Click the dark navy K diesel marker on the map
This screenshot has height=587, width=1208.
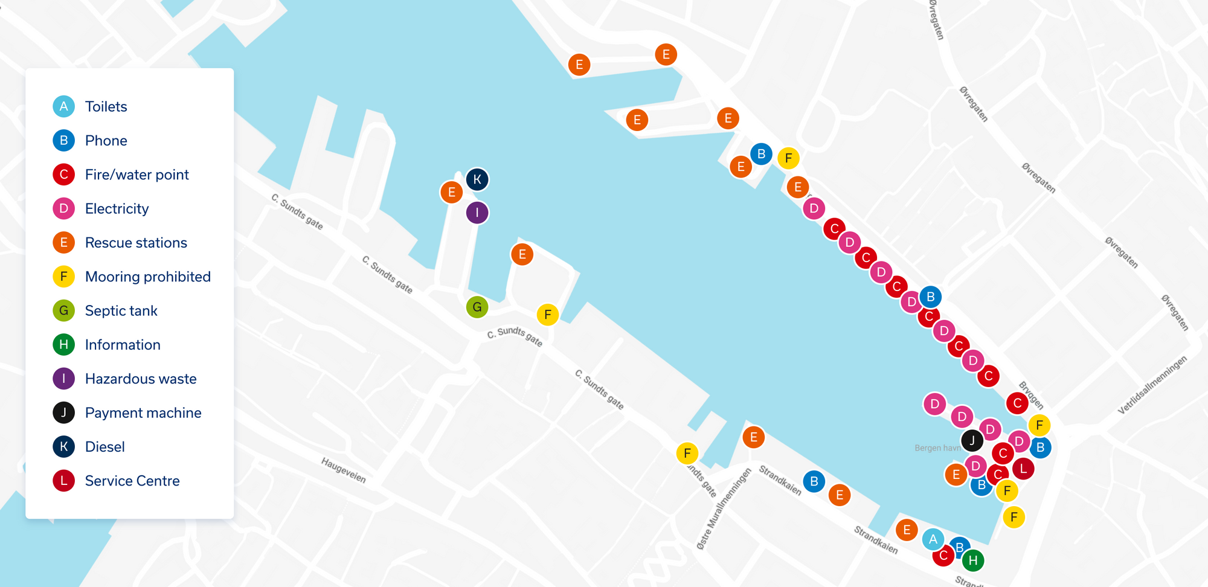tap(477, 179)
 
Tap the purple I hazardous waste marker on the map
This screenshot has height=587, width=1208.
tap(477, 213)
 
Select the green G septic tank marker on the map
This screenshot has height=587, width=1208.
tap(477, 307)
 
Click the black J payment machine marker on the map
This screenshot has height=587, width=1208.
tap(972, 441)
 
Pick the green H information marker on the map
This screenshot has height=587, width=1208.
tap(973, 560)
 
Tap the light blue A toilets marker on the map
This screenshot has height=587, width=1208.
tap(933, 539)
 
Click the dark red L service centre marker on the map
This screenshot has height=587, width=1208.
tap(1023, 468)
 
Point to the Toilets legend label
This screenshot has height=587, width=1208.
tap(106, 107)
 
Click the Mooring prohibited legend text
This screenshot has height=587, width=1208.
tap(148, 277)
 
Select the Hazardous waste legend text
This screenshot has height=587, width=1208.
tap(141, 379)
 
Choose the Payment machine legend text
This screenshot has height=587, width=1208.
tap(143, 413)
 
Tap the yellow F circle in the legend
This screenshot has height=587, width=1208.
tap(63, 277)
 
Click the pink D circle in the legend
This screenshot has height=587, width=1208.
tap(63, 208)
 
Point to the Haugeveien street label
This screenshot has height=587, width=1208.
tap(344, 470)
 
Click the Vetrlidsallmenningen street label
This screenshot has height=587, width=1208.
tap(1152, 385)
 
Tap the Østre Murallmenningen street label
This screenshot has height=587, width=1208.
tap(724, 508)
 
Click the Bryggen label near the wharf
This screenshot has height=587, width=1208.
tap(1031, 395)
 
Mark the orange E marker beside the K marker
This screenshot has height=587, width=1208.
tap(451, 193)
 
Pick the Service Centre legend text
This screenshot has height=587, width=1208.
tap(132, 481)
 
